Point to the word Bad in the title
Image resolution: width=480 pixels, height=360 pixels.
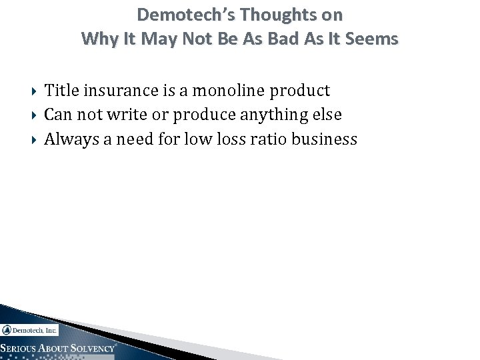click(288, 39)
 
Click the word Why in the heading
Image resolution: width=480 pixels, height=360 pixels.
click(97, 39)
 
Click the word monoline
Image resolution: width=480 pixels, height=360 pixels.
click(233, 90)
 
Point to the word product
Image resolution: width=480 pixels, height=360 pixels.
click(303, 91)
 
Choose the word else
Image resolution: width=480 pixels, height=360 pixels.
click(327, 115)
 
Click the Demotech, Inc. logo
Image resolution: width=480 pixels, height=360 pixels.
click(30, 329)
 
